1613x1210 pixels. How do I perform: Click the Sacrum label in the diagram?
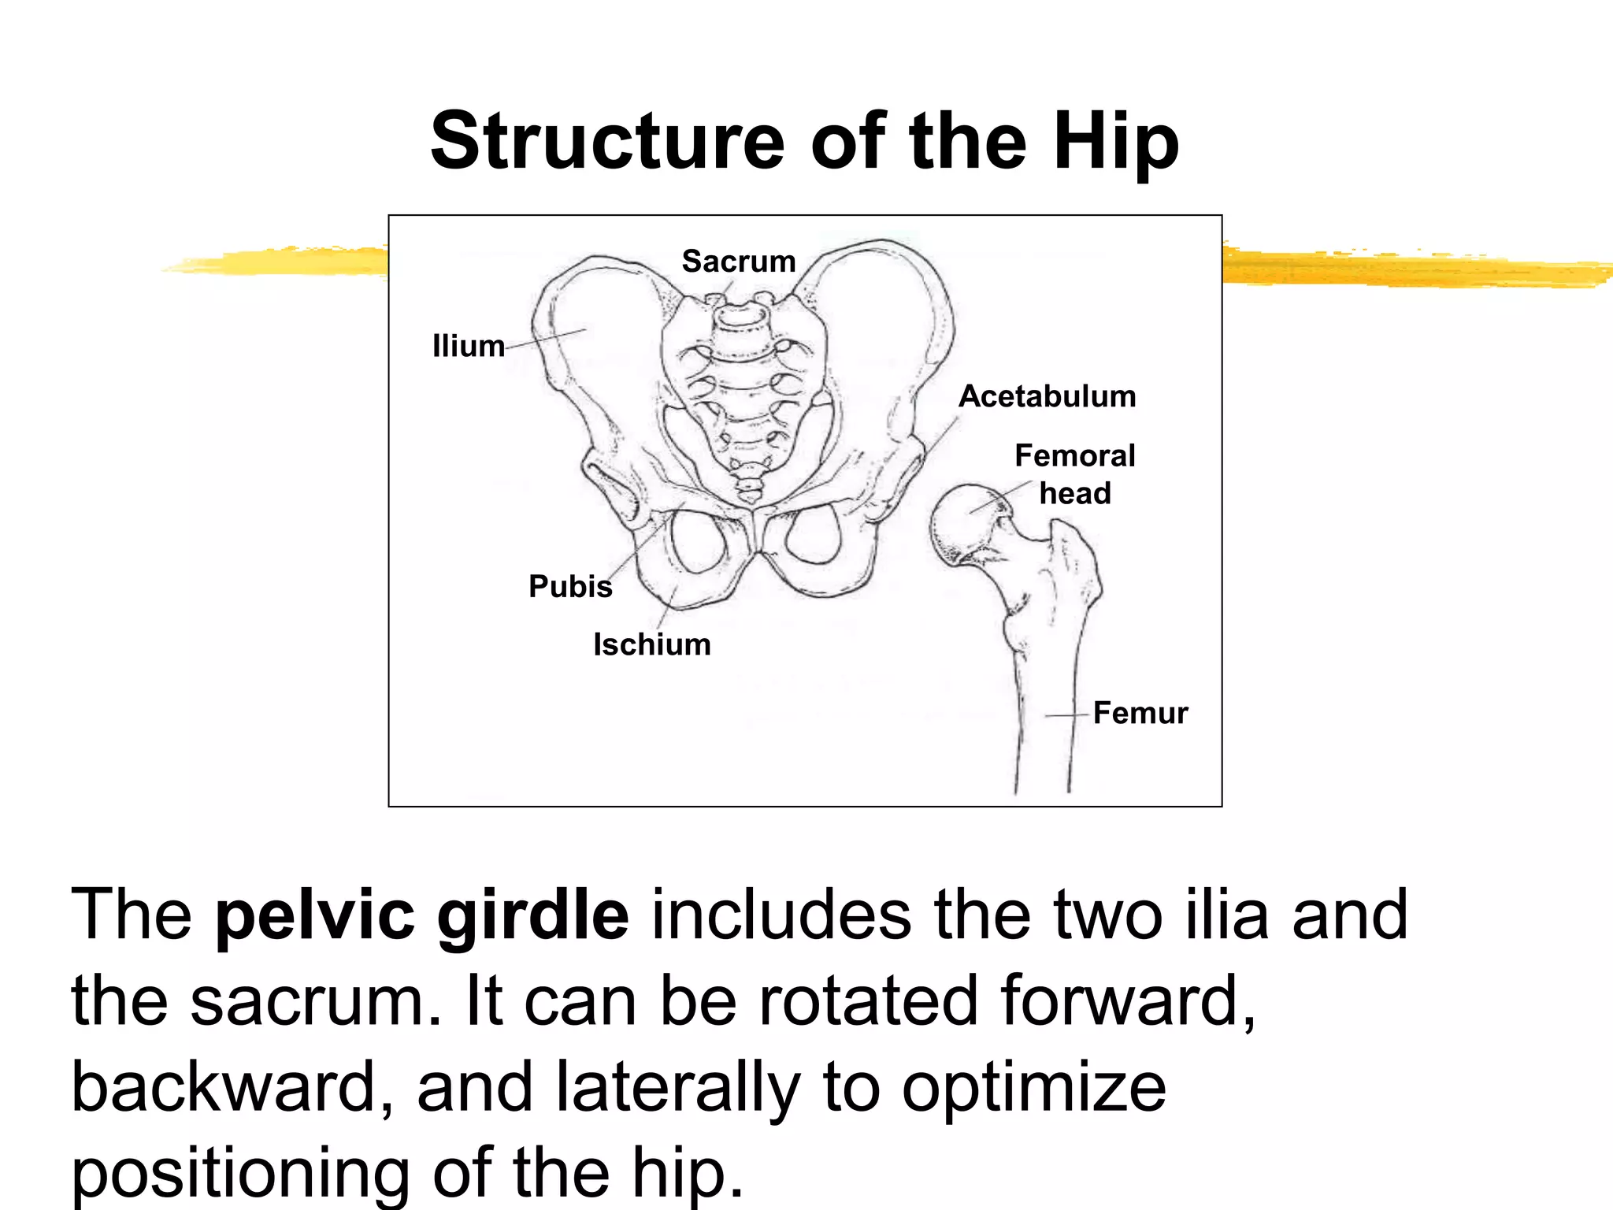738,262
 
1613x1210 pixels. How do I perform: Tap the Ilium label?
468,346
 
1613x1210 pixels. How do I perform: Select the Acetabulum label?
1047,396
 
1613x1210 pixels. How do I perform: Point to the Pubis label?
570,586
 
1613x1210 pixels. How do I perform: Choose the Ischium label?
651,644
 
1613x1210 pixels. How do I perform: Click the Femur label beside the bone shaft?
1140,713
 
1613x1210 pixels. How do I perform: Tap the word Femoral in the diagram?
1074,455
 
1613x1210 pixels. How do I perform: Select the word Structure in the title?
606,142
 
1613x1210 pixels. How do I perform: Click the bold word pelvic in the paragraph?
315,915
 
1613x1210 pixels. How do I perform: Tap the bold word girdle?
533,915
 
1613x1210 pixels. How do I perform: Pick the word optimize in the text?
1033,1087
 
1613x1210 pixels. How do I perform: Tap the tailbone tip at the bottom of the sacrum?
749,496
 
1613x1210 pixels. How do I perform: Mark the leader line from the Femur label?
1068,715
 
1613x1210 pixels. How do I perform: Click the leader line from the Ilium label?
546,338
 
